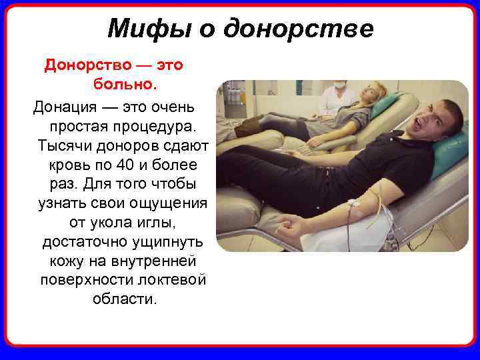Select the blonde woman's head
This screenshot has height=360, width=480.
[371, 92]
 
